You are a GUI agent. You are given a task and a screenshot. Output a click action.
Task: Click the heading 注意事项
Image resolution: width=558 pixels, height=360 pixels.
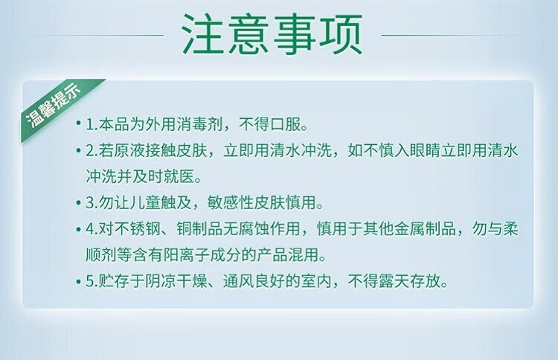pyautogui.click(x=272, y=34)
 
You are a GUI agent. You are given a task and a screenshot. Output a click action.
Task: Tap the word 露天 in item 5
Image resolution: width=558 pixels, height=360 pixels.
pyautogui.click(x=394, y=281)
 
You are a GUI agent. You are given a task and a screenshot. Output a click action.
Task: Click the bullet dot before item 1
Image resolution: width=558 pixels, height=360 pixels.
pyautogui.click(x=79, y=123)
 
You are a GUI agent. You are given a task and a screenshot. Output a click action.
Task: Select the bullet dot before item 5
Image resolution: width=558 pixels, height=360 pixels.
pyautogui.click(x=79, y=282)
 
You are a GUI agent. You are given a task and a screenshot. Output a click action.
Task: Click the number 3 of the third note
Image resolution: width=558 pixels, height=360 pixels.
pyautogui.click(x=89, y=203)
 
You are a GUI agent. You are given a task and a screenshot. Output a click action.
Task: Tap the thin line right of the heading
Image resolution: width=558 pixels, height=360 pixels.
pyautogui.click(x=452, y=35)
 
